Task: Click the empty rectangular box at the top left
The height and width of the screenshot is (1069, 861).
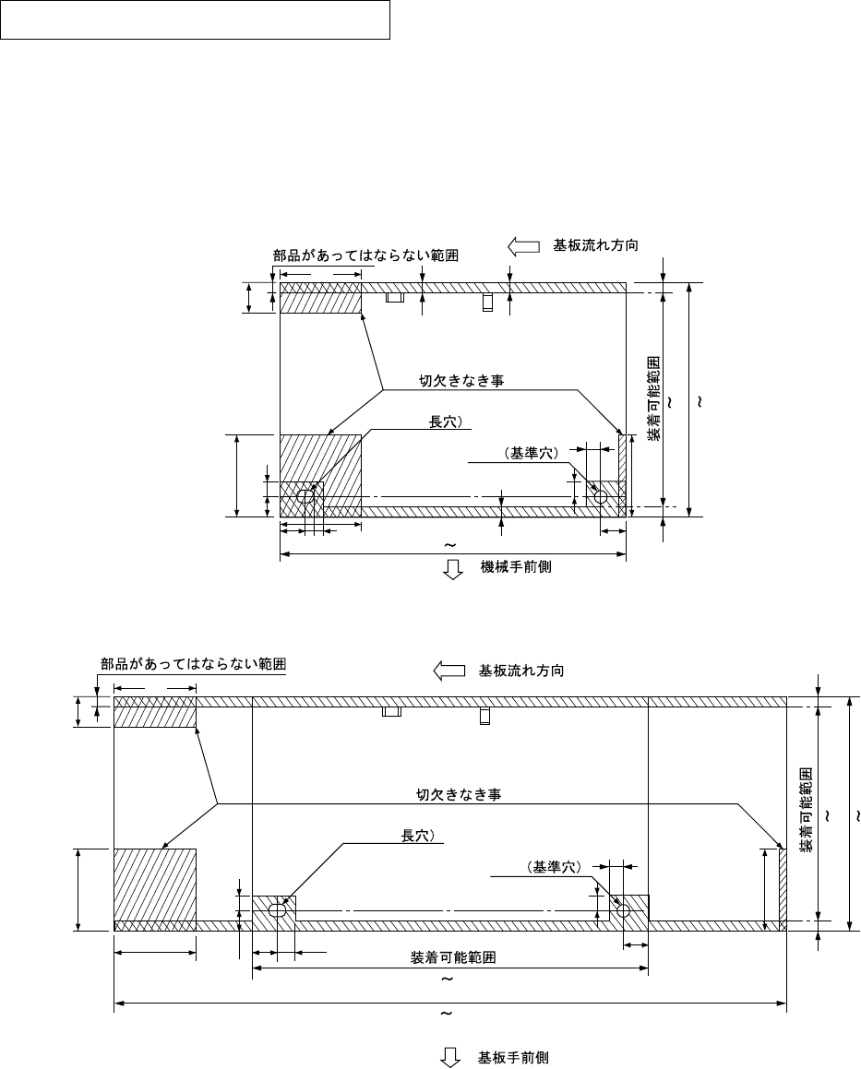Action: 195,20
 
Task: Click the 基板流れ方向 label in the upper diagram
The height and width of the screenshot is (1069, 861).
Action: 595,246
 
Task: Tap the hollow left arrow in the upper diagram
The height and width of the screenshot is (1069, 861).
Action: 523,246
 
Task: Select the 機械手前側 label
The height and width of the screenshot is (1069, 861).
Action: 516,567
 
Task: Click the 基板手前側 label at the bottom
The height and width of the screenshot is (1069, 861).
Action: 513,1057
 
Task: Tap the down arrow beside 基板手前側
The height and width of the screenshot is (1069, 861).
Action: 451,1058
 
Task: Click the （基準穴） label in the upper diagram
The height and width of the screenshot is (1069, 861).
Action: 532,454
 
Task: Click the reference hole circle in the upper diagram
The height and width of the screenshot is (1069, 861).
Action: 601,497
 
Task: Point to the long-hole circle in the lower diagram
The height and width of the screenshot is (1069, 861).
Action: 277,910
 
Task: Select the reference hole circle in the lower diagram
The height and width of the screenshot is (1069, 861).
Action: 624,910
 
